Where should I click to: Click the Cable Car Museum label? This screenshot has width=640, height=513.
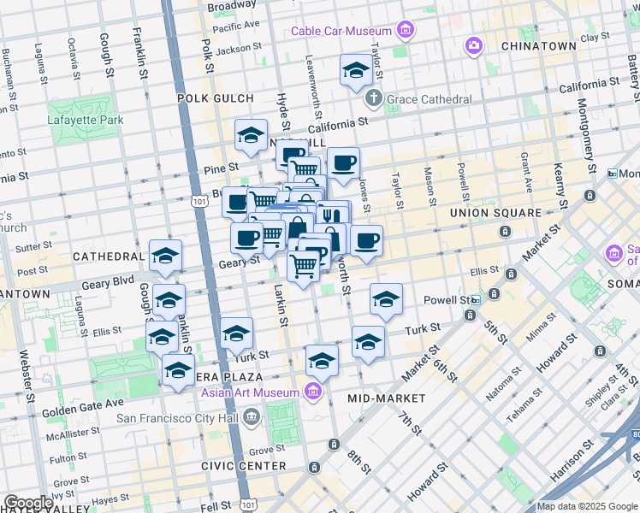[x=341, y=32]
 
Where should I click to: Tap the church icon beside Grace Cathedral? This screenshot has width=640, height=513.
[x=373, y=100]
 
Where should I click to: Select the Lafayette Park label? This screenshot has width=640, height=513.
[x=86, y=120]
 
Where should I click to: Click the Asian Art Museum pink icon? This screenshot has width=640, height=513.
[x=313, y=392]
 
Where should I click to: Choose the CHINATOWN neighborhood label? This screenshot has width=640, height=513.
[x=538, y=45]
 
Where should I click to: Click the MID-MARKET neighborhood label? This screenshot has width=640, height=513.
[x=386, y=398]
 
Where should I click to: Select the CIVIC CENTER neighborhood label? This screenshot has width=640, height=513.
[x=243, y=466]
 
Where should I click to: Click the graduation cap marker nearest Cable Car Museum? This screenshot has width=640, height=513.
[x=356, y=72]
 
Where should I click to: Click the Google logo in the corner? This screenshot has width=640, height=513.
[x=28, y=503]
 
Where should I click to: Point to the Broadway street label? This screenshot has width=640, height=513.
[x=231, y=6]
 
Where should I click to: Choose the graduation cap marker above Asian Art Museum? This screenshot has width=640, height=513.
[x=322, y=362]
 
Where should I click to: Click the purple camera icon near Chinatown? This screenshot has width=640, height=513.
[x=473, y=44]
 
